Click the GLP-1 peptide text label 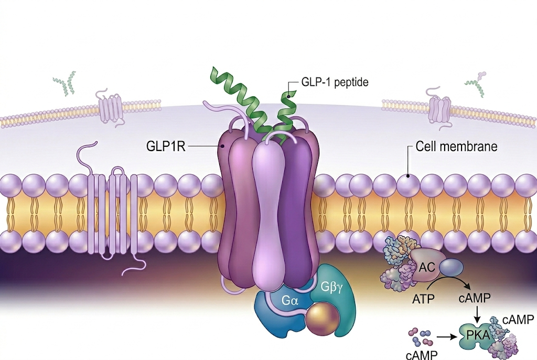(x=335, y=82)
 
